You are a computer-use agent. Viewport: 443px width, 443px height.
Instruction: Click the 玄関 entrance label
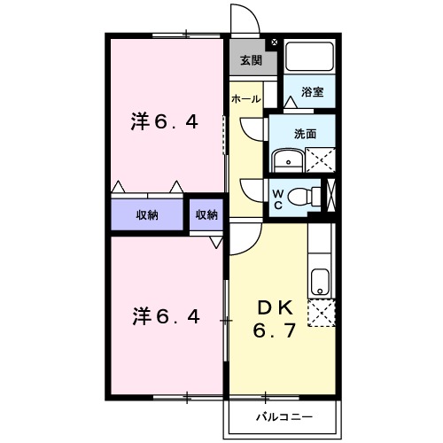coord(251,61)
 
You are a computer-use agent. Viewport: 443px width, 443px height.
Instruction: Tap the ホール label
coord(245,98)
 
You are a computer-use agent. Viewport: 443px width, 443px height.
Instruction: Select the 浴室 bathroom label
coord(311,90)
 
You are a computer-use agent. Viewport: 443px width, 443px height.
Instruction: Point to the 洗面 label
coord(306,134)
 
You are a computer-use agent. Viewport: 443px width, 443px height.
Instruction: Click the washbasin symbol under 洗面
coord(286,161)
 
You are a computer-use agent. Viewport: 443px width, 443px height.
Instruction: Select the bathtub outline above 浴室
coord(309,58)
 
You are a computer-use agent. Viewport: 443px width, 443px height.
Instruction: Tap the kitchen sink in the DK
coord(320,283)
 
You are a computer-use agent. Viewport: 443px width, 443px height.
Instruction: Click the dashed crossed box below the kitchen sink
coord(321,315)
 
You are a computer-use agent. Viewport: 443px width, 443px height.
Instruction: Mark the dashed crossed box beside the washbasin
coord(319,160)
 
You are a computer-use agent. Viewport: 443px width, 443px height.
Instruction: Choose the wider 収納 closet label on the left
coord(147,215)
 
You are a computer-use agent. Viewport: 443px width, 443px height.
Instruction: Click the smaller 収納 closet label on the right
coord(206,215)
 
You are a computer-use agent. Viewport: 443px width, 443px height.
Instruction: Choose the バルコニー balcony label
coord(283,414)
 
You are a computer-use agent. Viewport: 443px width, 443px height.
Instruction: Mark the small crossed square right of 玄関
coord(273,42)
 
